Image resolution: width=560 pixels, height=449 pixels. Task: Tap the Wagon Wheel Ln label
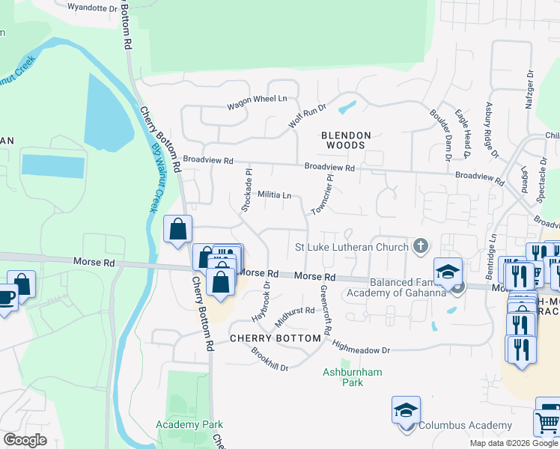coord(258,98)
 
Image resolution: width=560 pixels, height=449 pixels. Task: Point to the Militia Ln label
coord(274,195)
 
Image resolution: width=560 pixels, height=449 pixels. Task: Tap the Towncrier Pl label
coord(321,195)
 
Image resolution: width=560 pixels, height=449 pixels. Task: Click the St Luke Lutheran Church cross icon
coord(421,246)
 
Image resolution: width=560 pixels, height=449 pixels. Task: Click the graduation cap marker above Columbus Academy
coord(405,410)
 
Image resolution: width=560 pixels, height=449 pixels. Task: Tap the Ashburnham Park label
coord(342,377)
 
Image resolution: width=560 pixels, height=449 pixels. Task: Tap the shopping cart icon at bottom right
coord(548,423)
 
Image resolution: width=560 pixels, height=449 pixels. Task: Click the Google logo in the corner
coord(25,440)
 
